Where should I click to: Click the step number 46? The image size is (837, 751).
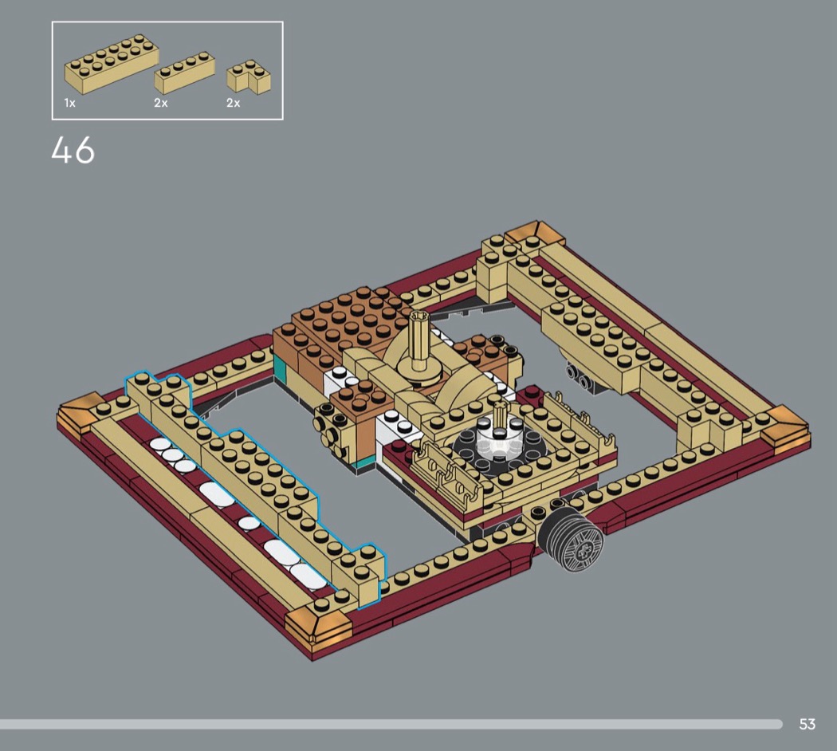tap(73, 150)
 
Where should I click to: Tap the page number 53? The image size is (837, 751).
tap(807, 724)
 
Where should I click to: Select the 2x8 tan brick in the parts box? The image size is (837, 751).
tap(112, 64)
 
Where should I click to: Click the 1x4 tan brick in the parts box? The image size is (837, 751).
tap(185, 73)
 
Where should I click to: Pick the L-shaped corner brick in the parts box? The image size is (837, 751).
tap(248, 78)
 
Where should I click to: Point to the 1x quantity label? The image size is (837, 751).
tap(70, 103)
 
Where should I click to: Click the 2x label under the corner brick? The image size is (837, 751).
tap(234, 103)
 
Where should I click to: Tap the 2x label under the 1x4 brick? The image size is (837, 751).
tap(161, 103)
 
